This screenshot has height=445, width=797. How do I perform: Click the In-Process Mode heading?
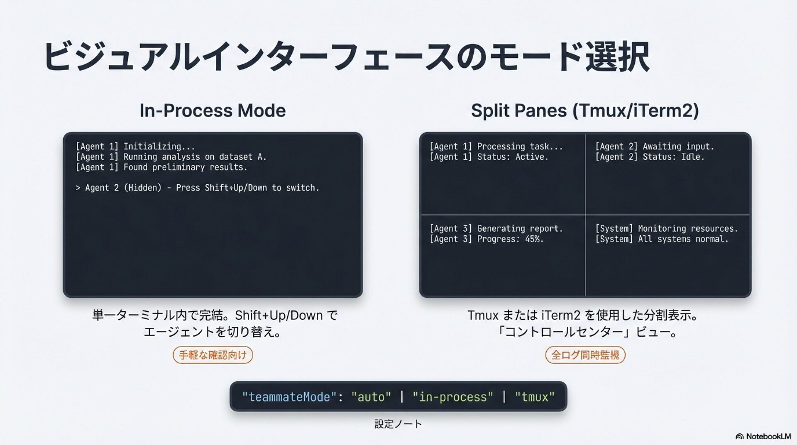tap(213, 111)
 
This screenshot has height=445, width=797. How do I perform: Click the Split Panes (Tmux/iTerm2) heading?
tap(584, 111)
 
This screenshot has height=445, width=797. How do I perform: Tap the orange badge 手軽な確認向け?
tap(213, 355)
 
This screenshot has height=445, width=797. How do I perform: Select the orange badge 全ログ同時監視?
tap(585, 355)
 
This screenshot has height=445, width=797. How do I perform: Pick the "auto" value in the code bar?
tap(371, 397)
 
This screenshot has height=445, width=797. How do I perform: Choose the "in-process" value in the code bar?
tap(452, 397)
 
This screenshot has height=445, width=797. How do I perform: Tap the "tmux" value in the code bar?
tap(534, 397)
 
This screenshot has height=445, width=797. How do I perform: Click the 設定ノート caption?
tap(398, 424)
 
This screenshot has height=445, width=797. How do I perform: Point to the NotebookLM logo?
tap(763, 436)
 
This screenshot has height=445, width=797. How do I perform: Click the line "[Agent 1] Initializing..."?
tap(135, 147)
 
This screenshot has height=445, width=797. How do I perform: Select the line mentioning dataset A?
tap(171, 157)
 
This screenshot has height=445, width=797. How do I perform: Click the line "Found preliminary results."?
tap(161, 167)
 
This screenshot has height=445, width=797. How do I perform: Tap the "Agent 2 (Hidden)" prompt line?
tap(197, 188)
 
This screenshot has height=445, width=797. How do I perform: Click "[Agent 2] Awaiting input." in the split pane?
tap(654, 147)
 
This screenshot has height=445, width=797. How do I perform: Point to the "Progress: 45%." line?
tap(486, 239)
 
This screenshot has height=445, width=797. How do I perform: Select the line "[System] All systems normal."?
tap(662, 239)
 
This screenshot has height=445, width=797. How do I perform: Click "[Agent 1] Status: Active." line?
tap(489, 157)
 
